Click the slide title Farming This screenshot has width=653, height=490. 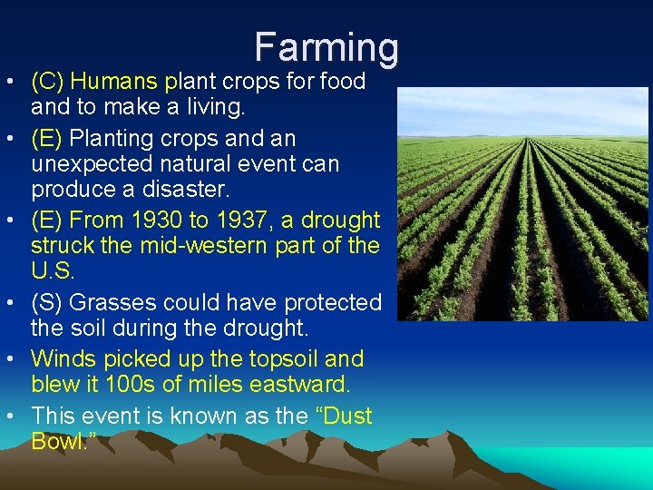point(326,47)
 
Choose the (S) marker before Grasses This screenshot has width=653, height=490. point(47,302)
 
